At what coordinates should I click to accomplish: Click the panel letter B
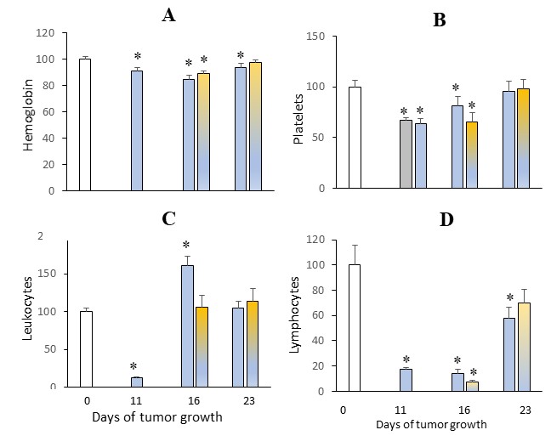click(439, 20)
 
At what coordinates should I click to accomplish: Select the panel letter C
click(168, 218)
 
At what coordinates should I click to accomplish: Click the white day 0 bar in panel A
click(84, 125)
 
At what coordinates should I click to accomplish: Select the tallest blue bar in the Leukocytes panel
click(187, 326)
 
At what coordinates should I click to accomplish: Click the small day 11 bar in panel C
click(136, 382)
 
